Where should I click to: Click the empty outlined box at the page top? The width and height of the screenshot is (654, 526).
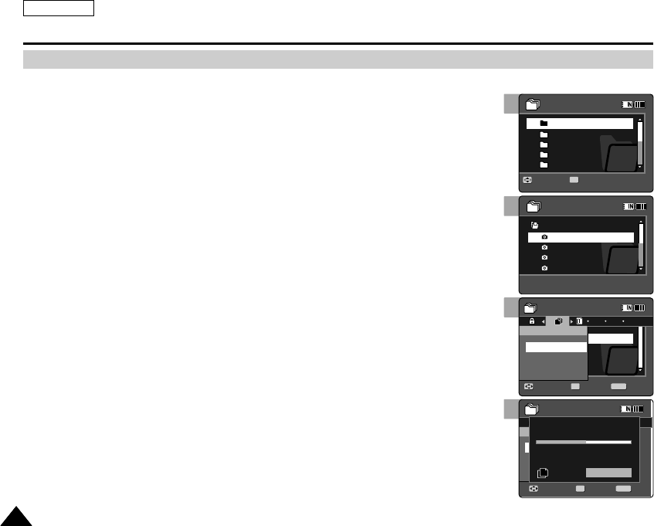(59, 8)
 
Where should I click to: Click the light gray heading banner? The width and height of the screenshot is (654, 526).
(338, 60)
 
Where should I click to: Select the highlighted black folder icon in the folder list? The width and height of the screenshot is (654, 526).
(544, 124)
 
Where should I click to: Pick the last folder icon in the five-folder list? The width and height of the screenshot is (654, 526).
(544, 165)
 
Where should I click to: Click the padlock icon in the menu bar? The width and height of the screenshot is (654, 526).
(531, 321)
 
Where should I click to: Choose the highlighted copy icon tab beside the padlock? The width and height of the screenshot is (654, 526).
(557, 321)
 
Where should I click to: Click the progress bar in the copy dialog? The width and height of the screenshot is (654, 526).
(584, 443)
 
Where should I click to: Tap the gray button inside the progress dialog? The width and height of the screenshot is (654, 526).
(608, 473)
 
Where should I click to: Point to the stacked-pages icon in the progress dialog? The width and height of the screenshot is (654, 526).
(543, 472)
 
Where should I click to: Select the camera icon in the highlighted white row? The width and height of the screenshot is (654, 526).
(544, 237)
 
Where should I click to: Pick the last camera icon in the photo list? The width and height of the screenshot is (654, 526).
(544, 267)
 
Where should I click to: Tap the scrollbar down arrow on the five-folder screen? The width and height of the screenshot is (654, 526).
(639, 167)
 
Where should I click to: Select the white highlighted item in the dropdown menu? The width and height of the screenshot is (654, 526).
(555, 348)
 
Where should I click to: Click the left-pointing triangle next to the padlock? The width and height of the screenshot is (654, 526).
(543, 321)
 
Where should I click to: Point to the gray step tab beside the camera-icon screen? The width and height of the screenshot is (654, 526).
(510, 205)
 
